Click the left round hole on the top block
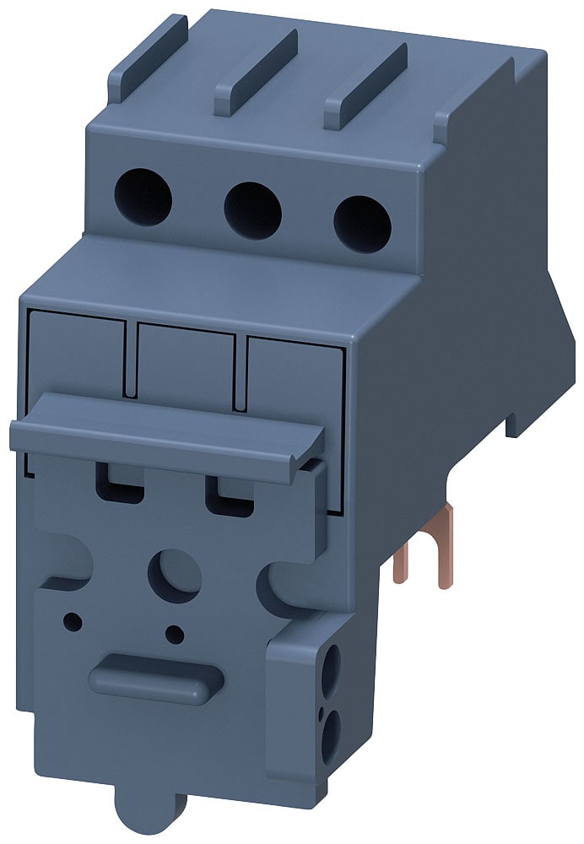tap(143, 197)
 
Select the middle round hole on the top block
tap(252, 210)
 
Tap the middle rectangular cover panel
tap(186, 367)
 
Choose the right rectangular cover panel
tap(295, 380)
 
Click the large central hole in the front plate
tap(173, 574)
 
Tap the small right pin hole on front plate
tap(175, 634)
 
